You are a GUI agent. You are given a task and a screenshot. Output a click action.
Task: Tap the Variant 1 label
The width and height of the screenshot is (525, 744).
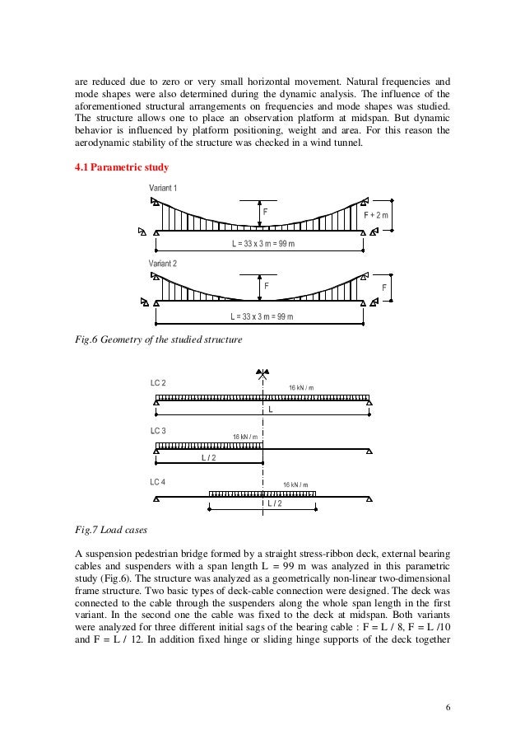tap(163, 190)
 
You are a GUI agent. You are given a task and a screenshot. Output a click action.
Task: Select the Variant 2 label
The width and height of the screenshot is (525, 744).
tap(163, 263)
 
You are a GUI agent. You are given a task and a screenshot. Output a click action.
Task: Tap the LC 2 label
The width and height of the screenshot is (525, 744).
tap(158, 383)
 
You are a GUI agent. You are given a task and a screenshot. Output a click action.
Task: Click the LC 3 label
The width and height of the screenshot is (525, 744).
tap(158, 431)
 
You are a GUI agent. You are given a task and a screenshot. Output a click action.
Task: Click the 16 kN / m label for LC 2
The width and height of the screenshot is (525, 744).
tap(300, 387)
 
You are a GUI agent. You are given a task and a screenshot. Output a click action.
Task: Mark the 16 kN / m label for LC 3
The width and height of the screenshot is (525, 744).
tap(244, 436)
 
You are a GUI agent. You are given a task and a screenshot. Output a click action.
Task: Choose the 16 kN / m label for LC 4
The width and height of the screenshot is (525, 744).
tap(295, 485)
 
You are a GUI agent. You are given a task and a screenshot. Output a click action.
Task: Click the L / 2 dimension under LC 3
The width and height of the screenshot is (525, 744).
tap(210, 458)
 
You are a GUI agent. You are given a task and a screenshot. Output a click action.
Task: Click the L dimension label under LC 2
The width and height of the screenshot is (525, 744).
tap(269, 409)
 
